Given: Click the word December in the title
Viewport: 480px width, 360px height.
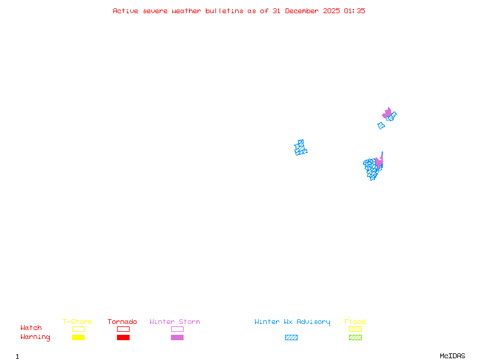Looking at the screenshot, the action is pyautogui.click(x=302, y=11).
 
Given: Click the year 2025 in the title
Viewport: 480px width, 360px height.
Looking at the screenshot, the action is pyautogui.click(x=331, y=11).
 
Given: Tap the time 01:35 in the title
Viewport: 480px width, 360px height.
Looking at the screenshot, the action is pyautogui.click(x=354, y=11).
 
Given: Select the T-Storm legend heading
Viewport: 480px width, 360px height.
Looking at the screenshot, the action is pyautogui.click(x=77, y=322).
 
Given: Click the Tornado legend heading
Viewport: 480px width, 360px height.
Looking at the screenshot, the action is pyautogui.click(x=122, y=322).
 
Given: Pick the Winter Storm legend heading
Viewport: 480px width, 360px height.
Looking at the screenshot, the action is pyautogui.click(x=175, y=322).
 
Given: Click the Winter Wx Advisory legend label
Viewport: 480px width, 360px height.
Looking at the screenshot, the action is pyautogui.click(x=292, y=322).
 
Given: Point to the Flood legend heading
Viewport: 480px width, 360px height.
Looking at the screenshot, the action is pyautogui.click(x=355, y=322).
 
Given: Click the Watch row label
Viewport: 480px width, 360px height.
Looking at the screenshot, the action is pyautogui.click(x=31, y=328).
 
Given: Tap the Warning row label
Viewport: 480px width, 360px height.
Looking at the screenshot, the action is pyautogui.click(x=35, y=337).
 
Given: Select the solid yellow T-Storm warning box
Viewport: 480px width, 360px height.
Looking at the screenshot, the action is pyautogui.click(x=79, y=337).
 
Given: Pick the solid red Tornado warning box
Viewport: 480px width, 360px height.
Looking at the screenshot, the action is pyautogui.click(x=124, y=337).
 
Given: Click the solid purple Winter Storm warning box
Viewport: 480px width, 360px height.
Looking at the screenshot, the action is pyautogui.click(x=177, y=337).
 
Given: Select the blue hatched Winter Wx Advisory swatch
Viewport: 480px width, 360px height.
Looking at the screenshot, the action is pyautogui.click(x=291, y=337).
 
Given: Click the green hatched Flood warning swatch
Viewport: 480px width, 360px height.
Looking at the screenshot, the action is pyautogui.click(x=355, y=337).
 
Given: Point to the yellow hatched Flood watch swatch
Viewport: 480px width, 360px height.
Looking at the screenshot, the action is pyautogui.click(x=355, y=329).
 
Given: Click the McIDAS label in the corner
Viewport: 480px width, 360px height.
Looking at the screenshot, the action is pyautogui.click(x=452, y=356).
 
